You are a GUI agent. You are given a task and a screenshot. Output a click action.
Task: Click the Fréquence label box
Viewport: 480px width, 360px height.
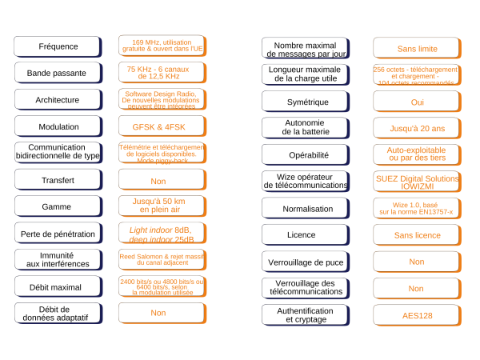58,46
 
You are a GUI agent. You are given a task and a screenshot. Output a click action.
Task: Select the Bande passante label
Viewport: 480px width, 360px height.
58,73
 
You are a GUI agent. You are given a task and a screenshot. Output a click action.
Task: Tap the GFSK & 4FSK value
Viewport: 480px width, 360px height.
162,126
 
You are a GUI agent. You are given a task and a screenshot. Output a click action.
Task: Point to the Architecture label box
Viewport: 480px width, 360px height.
58,100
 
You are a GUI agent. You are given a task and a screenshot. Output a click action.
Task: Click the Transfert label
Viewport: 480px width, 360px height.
58,180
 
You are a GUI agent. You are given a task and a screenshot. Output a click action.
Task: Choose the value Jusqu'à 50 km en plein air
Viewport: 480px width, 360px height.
162,206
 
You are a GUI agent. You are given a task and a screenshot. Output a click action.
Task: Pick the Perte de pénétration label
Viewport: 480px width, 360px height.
58,234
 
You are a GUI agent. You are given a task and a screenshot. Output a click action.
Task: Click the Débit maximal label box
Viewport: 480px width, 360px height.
58,286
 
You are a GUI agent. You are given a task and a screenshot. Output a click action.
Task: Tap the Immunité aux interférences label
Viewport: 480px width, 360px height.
58,259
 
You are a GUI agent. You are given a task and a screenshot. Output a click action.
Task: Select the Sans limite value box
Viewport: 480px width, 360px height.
416,48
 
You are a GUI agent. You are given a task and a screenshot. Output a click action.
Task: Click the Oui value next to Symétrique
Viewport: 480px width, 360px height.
416,102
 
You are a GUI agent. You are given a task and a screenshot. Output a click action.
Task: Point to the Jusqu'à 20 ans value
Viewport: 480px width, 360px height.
416,128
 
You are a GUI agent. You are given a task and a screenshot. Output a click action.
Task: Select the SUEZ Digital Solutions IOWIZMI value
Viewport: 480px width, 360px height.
416,182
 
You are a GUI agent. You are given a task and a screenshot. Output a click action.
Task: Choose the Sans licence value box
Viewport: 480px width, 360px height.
416,235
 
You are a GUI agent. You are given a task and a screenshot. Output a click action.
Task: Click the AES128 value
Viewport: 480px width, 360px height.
416,315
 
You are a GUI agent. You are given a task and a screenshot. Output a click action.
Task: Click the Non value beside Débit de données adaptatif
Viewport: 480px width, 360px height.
162,313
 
